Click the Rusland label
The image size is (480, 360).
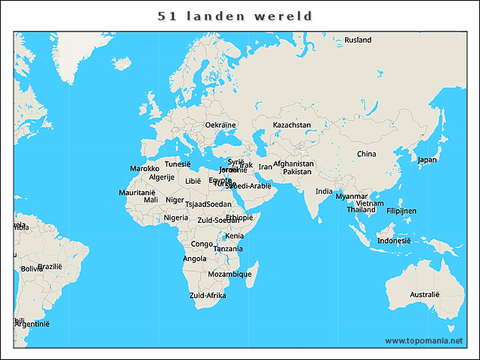358,40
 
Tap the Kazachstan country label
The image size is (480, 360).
292,124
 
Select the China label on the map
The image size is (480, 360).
366,154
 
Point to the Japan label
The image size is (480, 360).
427,160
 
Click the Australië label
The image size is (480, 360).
424,295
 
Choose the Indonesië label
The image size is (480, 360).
394,241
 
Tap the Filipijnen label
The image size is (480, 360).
401,211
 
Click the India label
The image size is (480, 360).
324,191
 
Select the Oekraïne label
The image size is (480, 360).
220,124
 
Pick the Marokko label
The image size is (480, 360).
145,169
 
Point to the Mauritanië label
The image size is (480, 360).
137,193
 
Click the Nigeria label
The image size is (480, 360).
176,217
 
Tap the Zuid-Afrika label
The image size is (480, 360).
208,295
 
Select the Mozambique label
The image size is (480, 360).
229,274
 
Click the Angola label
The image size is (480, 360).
194,259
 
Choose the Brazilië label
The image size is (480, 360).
49,266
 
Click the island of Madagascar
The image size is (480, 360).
253,274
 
